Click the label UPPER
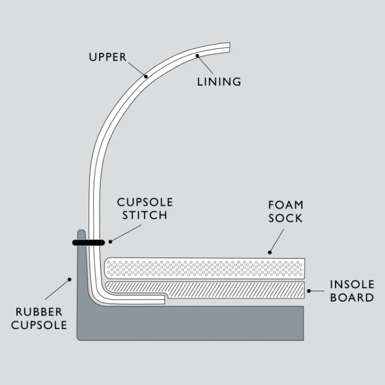(107, 57)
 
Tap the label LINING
(219, 82)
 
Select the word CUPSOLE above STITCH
(145, 202)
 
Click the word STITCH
(144, 215)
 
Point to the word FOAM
(285, 205)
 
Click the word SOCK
(285, 219)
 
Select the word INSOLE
(352, 284)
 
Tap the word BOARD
(352, 297)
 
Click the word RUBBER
(39, 312)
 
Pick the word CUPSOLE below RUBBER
(39, 325)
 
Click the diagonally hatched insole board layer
(233, 290)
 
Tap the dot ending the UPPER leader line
(146, 76)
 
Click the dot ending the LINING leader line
(198, 55)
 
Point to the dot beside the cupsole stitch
(110, 241)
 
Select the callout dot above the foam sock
(269, 252)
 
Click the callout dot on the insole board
(309, 291)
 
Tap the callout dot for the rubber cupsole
(69, 280)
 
